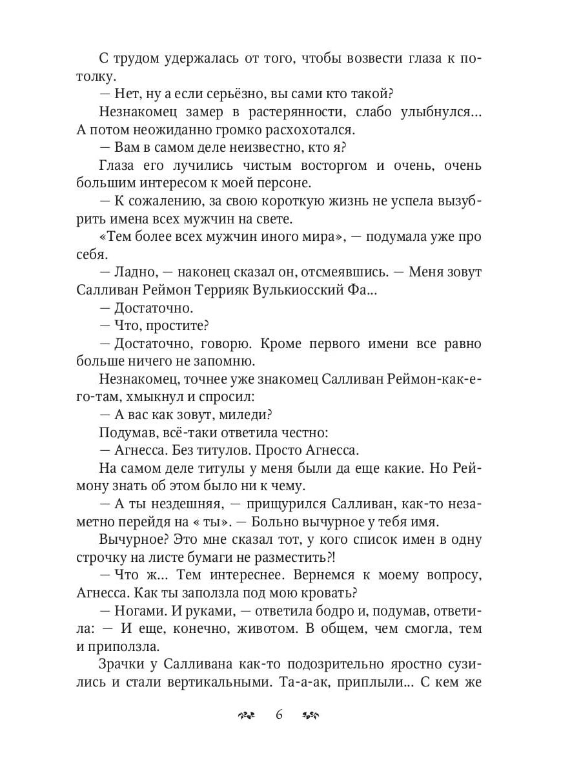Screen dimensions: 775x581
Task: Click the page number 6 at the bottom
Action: [279, 714]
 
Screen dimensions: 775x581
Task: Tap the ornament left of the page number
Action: [247, 715]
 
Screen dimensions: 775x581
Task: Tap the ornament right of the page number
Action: [311, 715]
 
